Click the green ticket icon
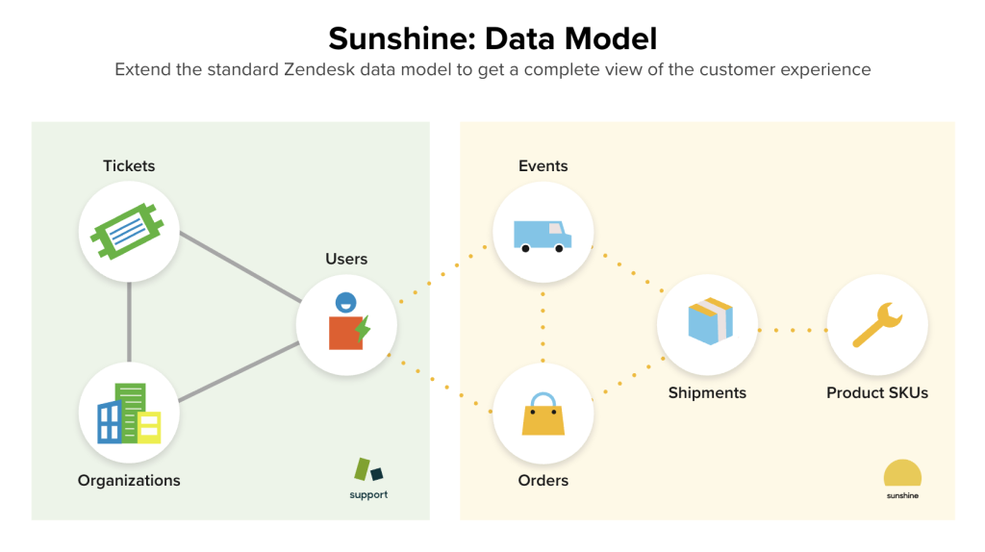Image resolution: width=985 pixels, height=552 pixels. [129, 232]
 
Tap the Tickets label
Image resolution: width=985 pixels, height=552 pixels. [129, 166]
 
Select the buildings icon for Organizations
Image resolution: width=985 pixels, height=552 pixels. [129, 414]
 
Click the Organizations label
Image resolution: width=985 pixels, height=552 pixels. [129, 480]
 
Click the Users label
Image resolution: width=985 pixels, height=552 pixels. [346, 259]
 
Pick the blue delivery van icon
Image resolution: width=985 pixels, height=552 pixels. [543, 234]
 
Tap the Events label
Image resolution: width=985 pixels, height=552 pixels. [543, 166]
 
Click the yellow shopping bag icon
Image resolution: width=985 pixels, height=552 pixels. [543, 414]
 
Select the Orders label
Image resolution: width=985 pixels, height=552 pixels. [543, 480]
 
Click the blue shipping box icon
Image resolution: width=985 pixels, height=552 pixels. [707, 323]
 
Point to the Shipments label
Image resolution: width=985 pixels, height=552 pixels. [707, 392]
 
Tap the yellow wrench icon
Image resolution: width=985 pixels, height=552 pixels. [876, 325]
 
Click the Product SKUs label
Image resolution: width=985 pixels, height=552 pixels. [876, 392]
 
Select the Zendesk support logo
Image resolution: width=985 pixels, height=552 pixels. [368, 478]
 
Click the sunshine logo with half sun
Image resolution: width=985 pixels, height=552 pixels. [902, 479]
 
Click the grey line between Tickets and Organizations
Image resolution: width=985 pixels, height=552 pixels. [129, 322]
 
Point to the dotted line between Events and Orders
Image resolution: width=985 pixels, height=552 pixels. [543, 324]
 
